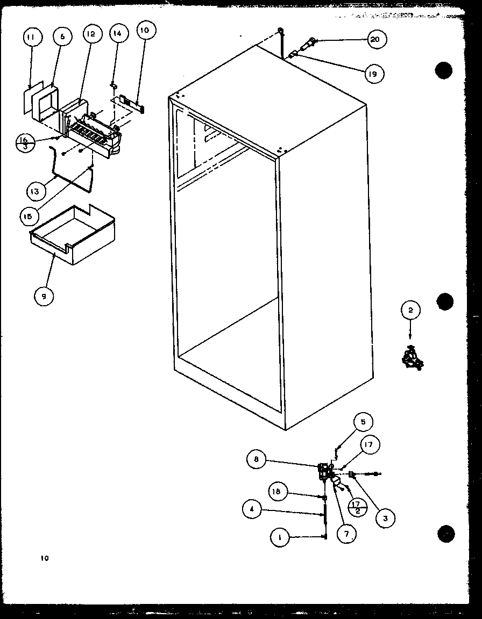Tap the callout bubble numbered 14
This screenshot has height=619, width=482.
pos(118,33)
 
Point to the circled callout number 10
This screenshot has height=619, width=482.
pos(145,30)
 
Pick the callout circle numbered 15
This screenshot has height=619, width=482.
pos(29,216)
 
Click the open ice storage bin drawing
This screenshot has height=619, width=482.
pos(72,236)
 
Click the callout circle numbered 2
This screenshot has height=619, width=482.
pos(410,310)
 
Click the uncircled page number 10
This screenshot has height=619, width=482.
pos(44,558)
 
